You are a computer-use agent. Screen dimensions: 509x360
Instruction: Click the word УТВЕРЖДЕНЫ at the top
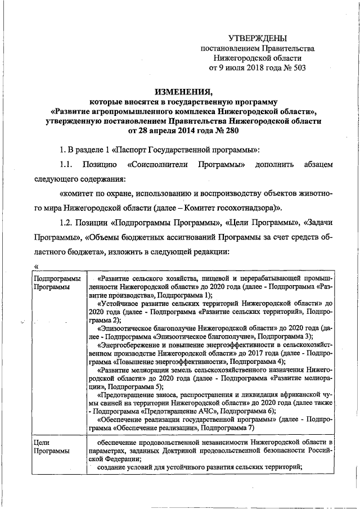click(257, 38)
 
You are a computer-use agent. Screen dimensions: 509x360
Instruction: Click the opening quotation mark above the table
click(35, 266)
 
